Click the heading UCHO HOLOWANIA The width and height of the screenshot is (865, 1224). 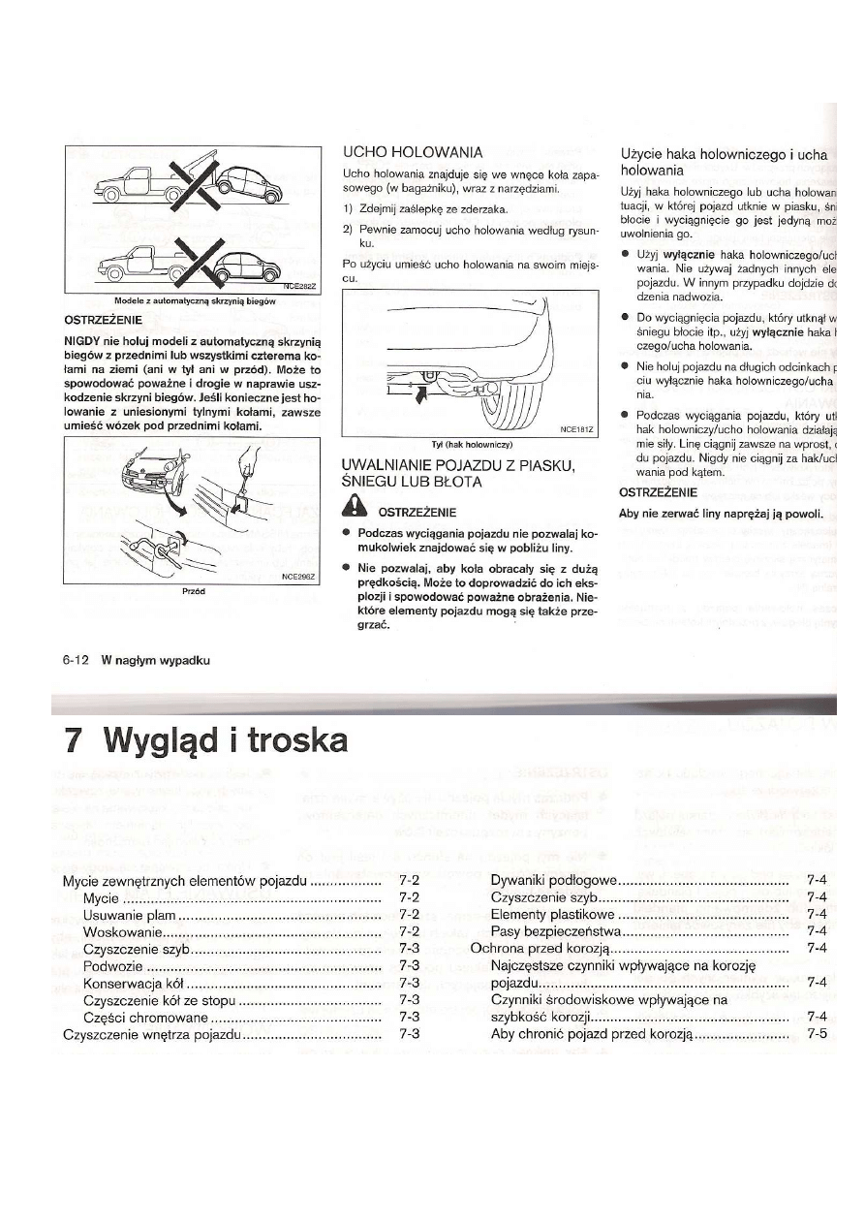coord(414,152)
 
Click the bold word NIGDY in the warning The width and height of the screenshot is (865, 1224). coord(84,342)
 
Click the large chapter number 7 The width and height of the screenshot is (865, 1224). coord(71,741)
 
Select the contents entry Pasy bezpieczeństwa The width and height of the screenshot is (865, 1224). coord(556,931)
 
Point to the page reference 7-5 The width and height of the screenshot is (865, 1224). coord(816,1034)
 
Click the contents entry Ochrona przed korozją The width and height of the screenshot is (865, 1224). coord(540,948)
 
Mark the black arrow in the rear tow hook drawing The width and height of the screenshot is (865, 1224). coord(417,395)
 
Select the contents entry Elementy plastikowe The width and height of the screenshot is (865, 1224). coord(552,914)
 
